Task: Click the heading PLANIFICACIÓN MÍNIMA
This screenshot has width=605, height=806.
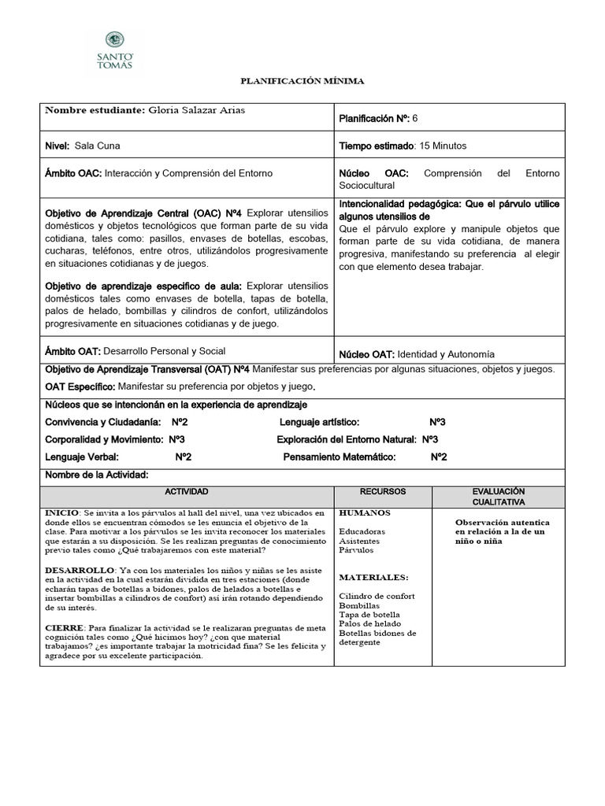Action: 302,81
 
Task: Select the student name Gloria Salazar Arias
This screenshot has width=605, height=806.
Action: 196,110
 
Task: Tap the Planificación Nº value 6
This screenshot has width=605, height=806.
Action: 415,117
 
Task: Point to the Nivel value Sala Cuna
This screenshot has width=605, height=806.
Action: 98,146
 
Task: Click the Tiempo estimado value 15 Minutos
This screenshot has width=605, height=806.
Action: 449,146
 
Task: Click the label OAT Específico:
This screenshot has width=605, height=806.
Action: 80,386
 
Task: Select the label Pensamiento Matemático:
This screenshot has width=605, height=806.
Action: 339,457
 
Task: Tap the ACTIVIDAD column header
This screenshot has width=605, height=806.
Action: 187,491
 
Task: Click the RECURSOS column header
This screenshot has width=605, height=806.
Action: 382,491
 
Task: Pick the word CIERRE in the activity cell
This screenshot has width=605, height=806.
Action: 63,626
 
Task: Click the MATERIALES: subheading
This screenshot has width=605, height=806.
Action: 373,576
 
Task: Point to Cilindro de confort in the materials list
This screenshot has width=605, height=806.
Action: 377,596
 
